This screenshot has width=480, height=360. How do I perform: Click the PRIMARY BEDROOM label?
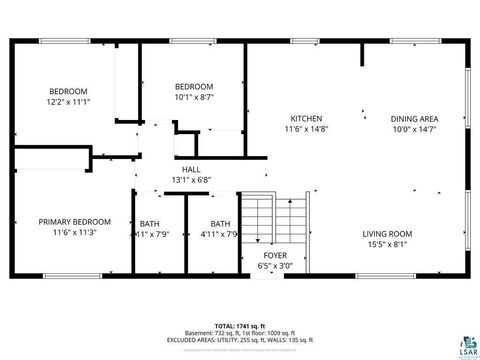[x=75, y=222]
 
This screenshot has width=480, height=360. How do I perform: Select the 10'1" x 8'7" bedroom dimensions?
[x=194, y=98]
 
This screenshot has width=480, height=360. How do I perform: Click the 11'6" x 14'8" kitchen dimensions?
[x=306, y=129]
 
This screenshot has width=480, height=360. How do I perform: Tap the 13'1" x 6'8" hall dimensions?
[x=192, y=180]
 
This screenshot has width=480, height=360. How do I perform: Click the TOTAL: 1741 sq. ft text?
[x=241, y=326]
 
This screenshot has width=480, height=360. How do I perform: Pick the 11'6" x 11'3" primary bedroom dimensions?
[x=75, y=233]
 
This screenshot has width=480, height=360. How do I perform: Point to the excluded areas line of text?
[x=241, y=339]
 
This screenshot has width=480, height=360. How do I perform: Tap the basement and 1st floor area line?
[x=241, y=333]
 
